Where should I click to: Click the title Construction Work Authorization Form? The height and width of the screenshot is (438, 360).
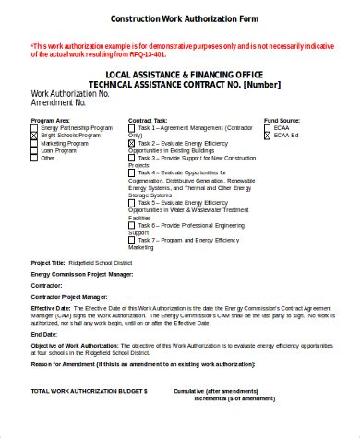[185, 18]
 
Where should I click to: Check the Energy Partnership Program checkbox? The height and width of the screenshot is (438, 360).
[34, 127]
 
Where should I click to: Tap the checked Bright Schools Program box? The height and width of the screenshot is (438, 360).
[34, 136]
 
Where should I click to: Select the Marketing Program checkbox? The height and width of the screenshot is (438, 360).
[34, 143]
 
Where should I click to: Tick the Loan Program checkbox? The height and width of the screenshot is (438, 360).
[34, 150]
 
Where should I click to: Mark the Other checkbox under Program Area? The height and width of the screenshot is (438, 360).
[34, 158]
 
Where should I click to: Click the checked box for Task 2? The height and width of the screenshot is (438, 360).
[131, 143]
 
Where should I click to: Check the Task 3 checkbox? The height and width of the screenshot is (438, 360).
[131, 158]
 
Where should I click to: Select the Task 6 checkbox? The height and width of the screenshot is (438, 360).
[131, 224]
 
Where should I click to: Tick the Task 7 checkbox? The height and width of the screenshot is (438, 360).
[131, 239]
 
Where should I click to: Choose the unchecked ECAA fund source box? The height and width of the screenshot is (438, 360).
[267, 127]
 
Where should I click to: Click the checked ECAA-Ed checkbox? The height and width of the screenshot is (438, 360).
[267, 136]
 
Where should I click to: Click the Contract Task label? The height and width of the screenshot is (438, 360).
[147, 120]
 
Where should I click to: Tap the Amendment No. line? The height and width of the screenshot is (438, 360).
[59, 102]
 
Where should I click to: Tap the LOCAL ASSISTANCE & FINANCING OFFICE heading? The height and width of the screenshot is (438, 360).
[186, 74]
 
